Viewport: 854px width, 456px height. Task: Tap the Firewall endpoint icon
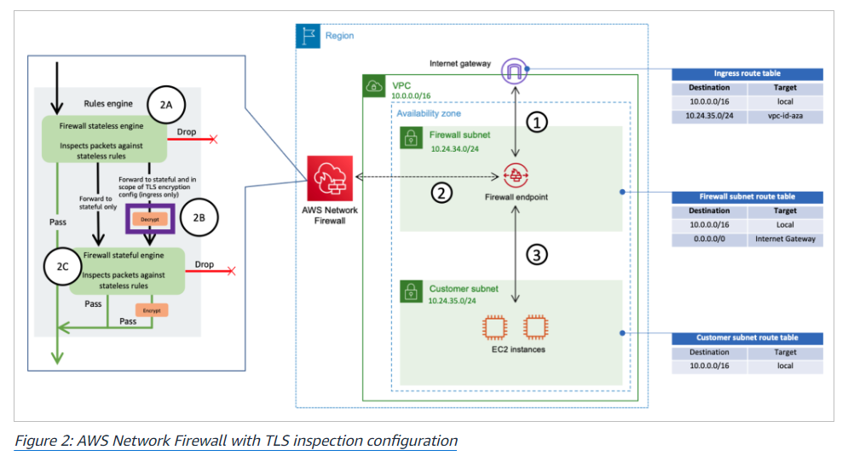pos(515,176)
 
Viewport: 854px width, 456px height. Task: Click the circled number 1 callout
pos(534,123)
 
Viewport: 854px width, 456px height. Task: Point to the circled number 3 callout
pos(536,255)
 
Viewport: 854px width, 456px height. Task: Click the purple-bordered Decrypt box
pos(150,219)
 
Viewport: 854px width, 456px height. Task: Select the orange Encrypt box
pos(151,311)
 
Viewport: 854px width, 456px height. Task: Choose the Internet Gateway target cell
pos(785,239)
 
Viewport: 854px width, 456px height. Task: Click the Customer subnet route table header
pos(747,338)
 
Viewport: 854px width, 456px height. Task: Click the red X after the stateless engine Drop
pos(213,139)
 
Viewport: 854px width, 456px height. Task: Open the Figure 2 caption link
pos(236,441)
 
